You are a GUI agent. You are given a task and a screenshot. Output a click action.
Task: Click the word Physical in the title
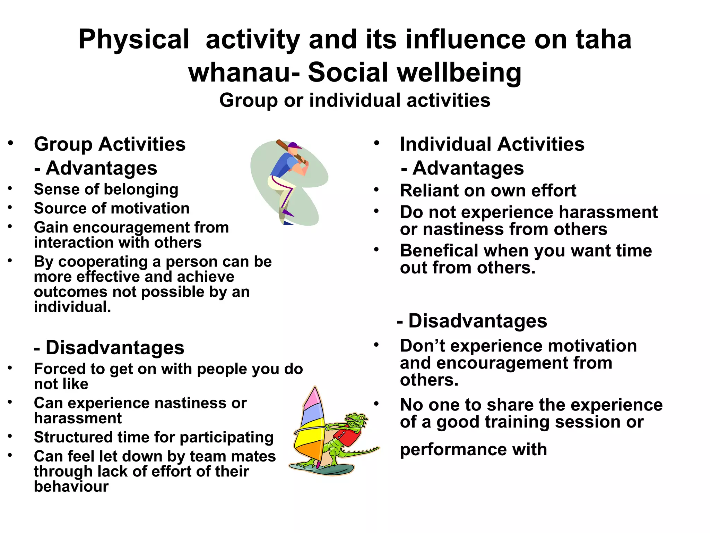[133, 40]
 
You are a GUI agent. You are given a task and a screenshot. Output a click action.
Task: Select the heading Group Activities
[110, 144]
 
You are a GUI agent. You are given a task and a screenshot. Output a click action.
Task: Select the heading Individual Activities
[492, 144]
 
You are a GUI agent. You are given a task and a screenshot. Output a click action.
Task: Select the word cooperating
[103, 262]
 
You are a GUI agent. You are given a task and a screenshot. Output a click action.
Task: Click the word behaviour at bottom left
[71, 487]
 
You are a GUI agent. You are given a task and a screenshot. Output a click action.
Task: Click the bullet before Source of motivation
[10, 208]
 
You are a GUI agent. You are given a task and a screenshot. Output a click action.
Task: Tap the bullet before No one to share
[376, 404]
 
